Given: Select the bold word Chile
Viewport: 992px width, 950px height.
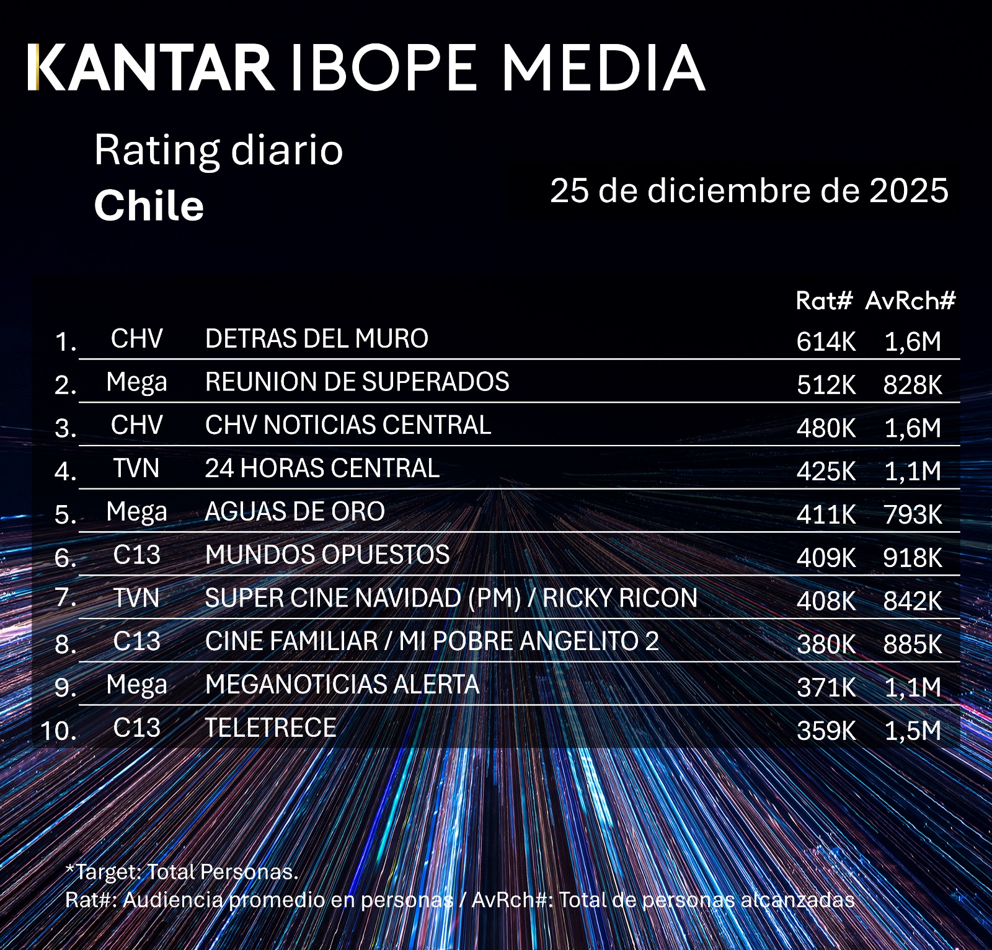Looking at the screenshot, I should tap(149, 206).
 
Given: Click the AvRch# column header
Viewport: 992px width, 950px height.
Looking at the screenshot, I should tap(910, 301).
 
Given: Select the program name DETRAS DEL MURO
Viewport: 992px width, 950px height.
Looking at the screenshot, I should tap(316, 339).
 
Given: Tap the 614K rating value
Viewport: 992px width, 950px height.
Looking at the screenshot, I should tap(826, 341).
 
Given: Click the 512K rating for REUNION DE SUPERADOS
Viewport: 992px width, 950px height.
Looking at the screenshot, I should tap(826, 385).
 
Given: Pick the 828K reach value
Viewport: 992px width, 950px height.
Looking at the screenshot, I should tap(913, 385).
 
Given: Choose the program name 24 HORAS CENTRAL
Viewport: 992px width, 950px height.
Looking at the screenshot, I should tap(322, 468).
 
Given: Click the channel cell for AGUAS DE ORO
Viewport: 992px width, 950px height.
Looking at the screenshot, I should tap(136, 512).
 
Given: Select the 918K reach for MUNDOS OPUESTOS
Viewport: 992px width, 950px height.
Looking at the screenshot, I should tap(913, 558).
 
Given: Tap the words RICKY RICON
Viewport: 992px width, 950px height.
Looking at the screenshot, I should tap(619, 598).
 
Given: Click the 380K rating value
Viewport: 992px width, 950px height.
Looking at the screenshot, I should tap(826, 644).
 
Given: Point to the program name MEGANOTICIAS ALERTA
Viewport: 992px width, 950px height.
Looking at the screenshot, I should tap(342, 685).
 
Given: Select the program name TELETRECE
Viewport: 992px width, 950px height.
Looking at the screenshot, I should tap(270, 728).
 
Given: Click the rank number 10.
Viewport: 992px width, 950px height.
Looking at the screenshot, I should tap(59, 731).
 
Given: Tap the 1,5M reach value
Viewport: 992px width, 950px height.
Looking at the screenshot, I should tap(913, 731).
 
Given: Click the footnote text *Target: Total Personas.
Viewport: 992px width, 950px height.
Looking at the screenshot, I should tap(182, 872).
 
